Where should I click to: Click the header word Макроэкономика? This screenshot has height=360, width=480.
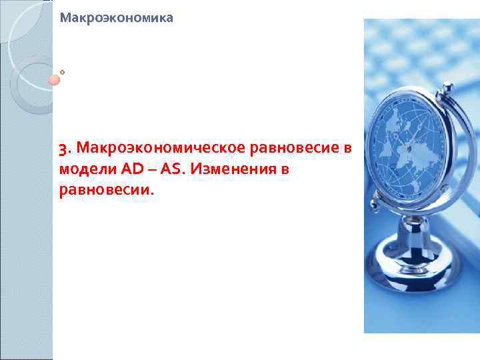tap(116, 19)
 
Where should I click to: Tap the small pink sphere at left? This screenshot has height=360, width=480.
tap(55, 80)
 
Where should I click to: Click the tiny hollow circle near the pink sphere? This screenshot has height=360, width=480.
tap(62, 71)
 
